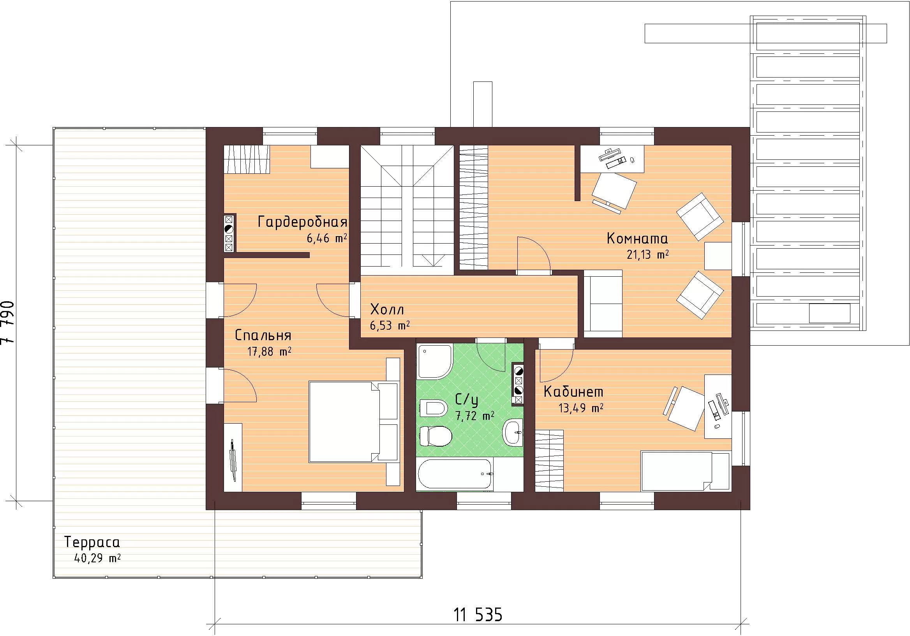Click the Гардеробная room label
pos(302,222)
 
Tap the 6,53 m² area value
pos(390,325)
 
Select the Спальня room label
pos(263,336)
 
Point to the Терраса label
pos(92,542)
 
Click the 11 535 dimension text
pos(478,615)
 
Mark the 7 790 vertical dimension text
pos(8,323)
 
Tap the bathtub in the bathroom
pos(455,474)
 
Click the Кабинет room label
pos(573,392)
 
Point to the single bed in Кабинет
pos(685,472)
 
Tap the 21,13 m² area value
pos(647,254)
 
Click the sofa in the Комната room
pos(603,304)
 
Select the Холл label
pos(387,309)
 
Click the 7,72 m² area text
pos(474,416)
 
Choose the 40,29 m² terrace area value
pos(97,558)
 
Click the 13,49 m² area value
pos(581,408)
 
